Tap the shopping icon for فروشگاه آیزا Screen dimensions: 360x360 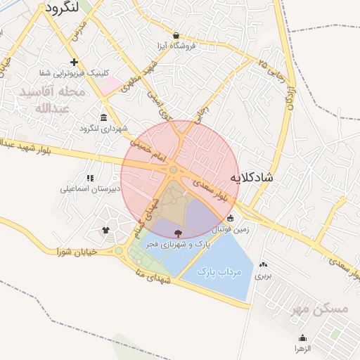(176, 35)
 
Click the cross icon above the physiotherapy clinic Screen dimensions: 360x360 (74, 62)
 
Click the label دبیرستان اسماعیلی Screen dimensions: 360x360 (90, 188)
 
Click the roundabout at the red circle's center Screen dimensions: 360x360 (173, 169)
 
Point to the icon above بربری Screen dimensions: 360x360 (264, 265)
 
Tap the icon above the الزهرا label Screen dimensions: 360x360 (302, 337)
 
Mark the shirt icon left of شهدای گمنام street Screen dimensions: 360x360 (105, 229)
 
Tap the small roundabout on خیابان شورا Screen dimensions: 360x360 (119, 250)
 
